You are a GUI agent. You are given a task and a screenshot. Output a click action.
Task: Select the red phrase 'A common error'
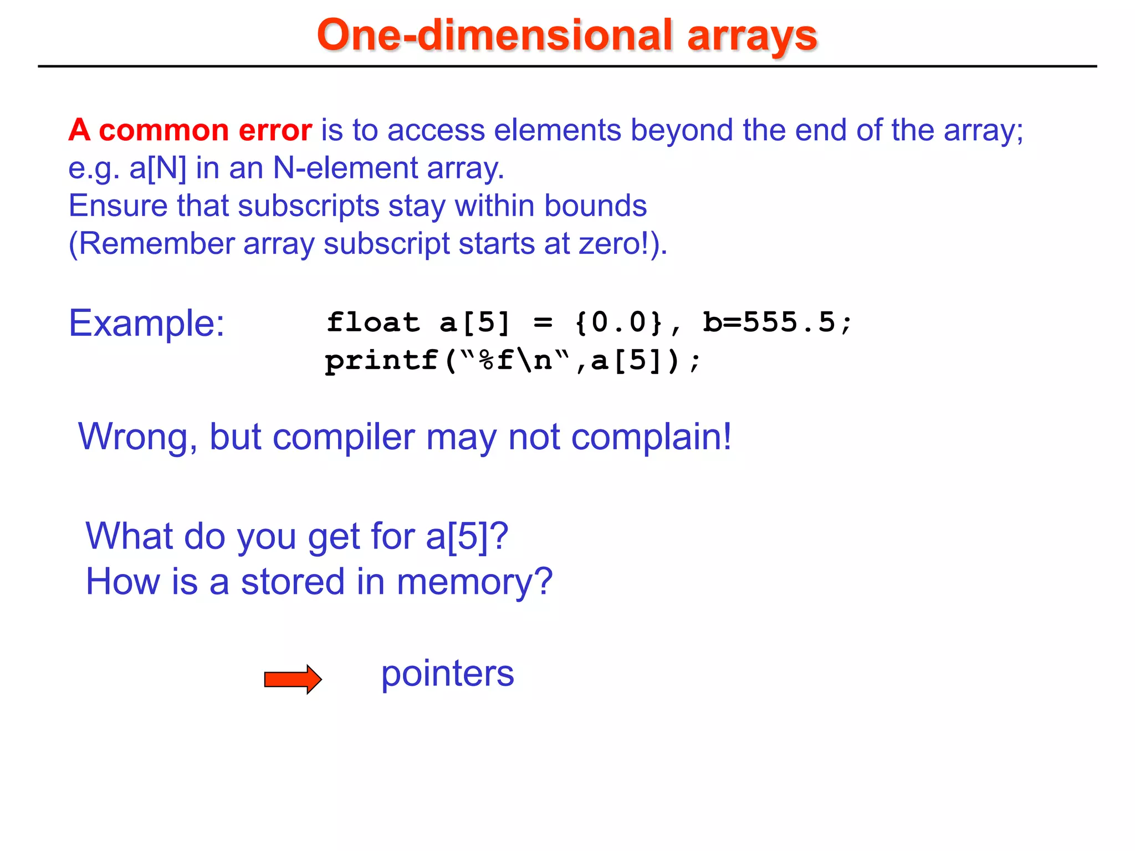[x=190, y=130]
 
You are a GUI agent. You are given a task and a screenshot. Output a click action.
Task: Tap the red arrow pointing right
[x=293, y=679]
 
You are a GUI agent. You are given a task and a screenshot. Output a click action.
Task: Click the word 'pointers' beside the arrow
[x=447, y=674]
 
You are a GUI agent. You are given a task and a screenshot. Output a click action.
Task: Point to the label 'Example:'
[x=146, y=323]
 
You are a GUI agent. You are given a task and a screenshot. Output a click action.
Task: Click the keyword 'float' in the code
[x=373, y=322]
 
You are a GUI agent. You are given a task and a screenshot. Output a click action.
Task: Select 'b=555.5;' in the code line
[x=778, y=322]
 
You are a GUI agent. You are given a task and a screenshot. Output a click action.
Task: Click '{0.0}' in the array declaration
[x=618, y=322]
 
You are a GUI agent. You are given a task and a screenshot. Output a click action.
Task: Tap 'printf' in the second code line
[x=381, y=361]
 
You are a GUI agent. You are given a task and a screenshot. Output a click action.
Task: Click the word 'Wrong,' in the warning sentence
[x=138, y=438]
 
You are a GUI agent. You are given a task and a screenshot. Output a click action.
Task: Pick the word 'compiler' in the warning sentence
[x=344, y=438]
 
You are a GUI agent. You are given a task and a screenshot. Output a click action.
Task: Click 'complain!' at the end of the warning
[x=651, y=438]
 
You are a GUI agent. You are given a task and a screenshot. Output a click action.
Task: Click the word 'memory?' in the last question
[x=475, y=582]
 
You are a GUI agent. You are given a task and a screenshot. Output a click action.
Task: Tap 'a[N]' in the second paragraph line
[x=158, y=168]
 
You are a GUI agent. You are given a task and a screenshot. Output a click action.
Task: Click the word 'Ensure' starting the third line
[x=117, y=206]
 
